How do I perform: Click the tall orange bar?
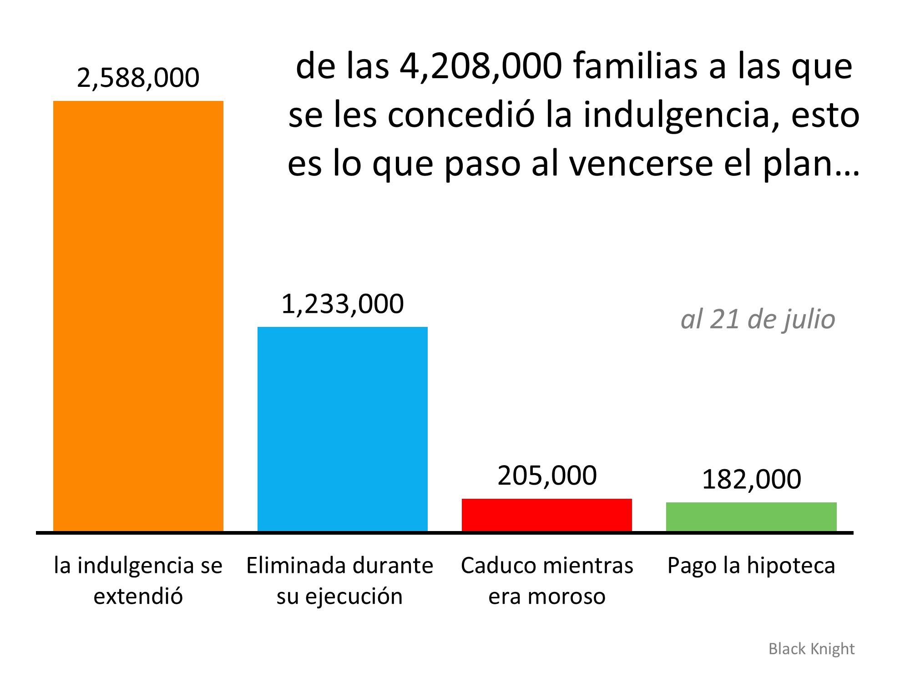(138, 316)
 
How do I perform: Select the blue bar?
(342, 429)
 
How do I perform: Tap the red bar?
(546, 515)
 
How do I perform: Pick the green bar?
(751, 517)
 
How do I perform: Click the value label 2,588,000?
(138, 77)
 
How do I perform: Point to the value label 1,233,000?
(342, 304)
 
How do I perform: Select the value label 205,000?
(546, 476)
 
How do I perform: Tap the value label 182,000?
(751, 479)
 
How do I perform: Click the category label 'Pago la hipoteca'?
(751, 566)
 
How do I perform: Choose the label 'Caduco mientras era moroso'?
(546, 581)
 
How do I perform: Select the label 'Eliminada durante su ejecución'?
(339, 581)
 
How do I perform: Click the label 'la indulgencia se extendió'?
(138, 581)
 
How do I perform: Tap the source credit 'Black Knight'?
(811, 649)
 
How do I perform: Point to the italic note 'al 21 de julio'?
(758, 319)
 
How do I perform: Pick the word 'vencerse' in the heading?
(641, 164)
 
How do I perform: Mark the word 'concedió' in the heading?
(461, 115)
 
